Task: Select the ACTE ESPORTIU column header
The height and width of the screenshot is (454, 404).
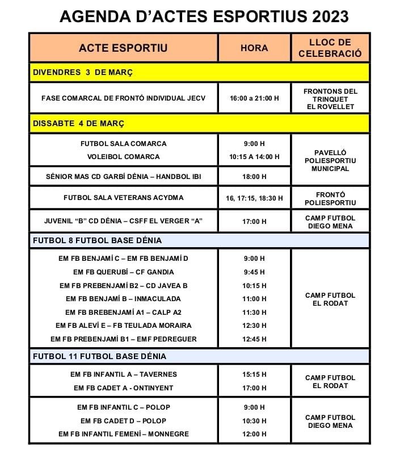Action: [123, 48]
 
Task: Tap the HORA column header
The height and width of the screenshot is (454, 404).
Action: [254, 48]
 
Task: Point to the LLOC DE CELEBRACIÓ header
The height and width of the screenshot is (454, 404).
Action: [330, 48]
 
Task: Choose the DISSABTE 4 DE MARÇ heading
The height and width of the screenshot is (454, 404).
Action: [78, 123]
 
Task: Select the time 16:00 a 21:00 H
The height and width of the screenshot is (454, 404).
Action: [254, 98]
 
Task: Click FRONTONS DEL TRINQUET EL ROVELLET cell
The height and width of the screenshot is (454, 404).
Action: [330, 98]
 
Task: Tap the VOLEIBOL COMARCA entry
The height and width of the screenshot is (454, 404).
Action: [123, 156]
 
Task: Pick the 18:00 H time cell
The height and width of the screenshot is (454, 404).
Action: [254, 177]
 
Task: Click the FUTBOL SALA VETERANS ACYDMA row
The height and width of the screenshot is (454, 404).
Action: [123, 198]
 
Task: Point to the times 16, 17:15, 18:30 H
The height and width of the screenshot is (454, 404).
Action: [254, 198]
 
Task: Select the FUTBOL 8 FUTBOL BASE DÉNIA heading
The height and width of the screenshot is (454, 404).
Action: [98, 240]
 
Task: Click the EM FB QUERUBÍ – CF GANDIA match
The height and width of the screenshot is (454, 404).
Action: [123, 272]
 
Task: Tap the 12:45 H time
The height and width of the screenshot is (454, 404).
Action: [254, 339]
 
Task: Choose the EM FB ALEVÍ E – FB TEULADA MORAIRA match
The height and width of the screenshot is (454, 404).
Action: [123, 326]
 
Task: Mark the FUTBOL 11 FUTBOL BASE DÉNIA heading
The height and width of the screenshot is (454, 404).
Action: [99, 356]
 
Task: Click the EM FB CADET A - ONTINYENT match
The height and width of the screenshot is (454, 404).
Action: [123, 388]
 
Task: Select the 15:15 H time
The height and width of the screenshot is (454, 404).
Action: [254, 374]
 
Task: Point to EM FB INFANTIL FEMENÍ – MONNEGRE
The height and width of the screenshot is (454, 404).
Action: [123, 434]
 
